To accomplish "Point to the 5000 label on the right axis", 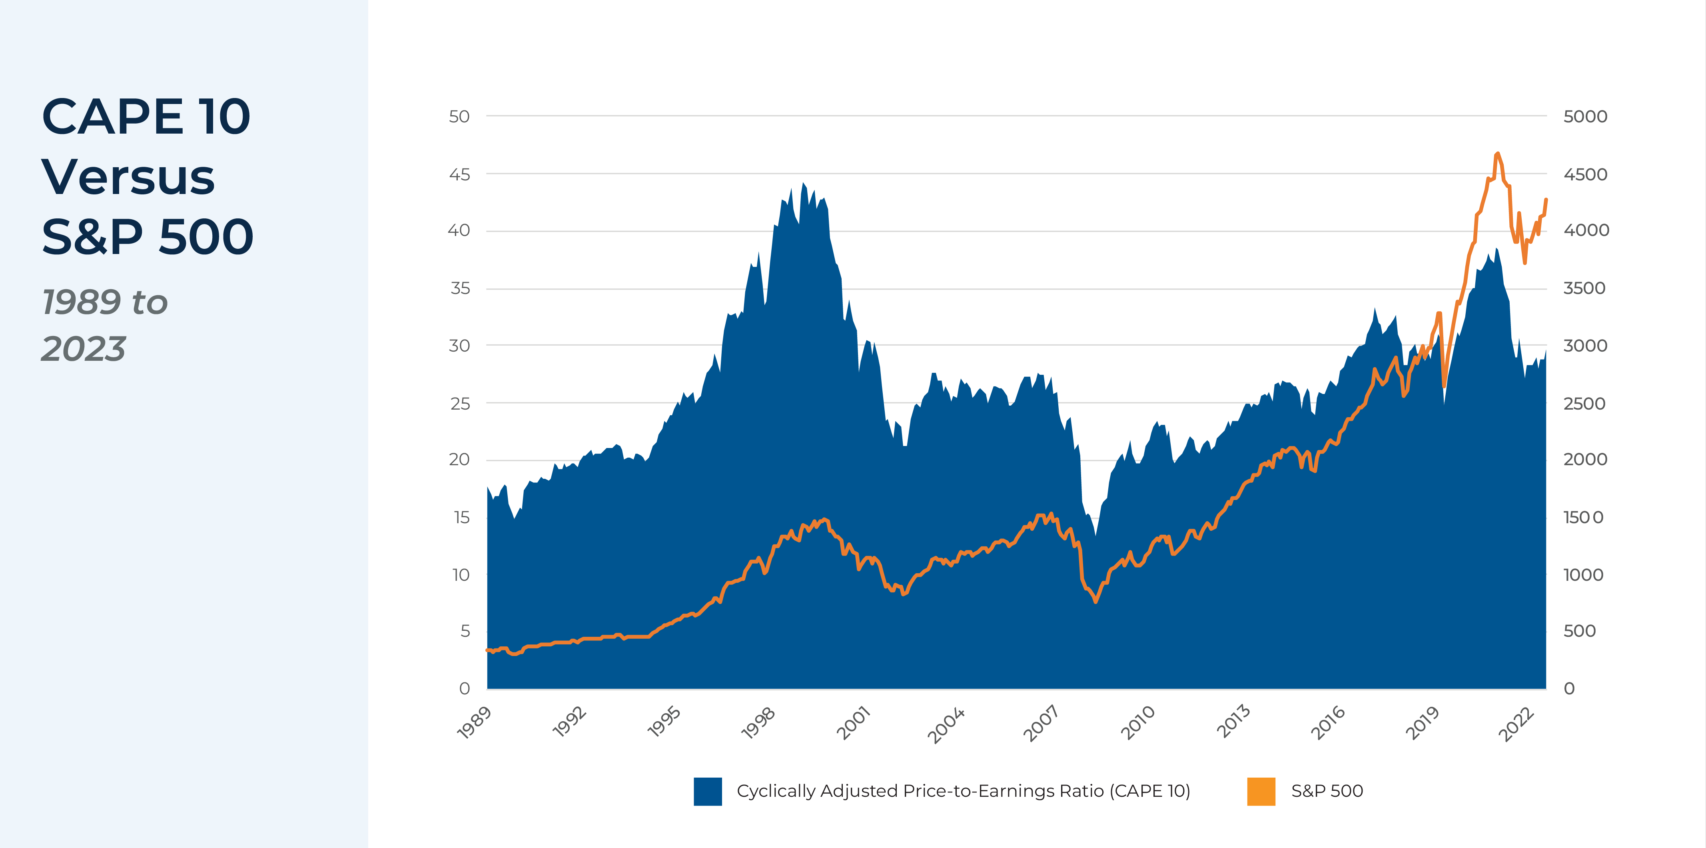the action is pos(1585,117).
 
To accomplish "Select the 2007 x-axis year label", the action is pos(1040,723).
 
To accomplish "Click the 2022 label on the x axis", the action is pos(1516,723).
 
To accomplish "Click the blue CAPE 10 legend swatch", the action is pos(707,791).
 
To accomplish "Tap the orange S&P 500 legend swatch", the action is pos(1261,791).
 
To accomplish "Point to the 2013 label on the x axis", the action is pos(1233,723).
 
